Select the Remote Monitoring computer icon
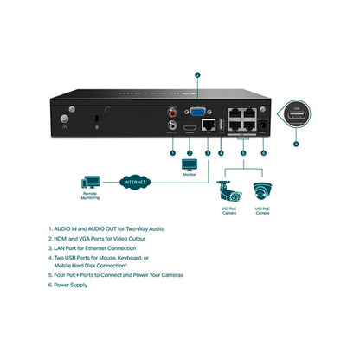[x=89, y=184]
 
